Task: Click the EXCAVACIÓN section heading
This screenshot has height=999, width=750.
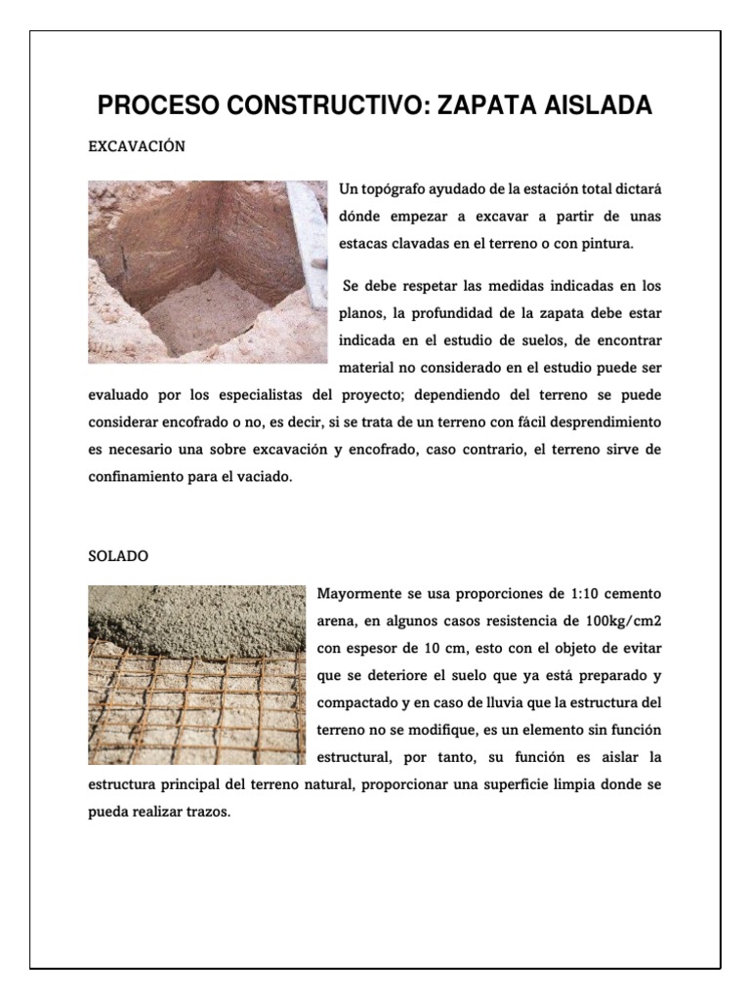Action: point(137,146)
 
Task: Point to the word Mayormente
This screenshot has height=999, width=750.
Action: point(358,594)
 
